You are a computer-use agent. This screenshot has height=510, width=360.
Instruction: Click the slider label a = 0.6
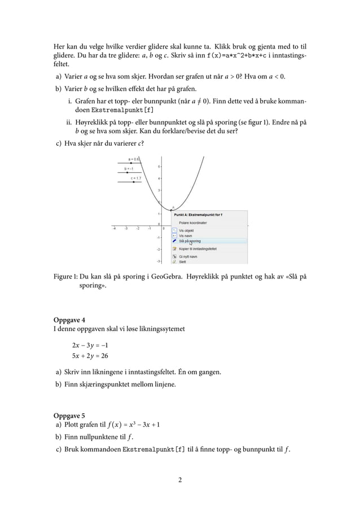[x=134, y=159]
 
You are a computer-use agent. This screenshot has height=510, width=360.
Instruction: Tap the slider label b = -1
[x=129, y=168]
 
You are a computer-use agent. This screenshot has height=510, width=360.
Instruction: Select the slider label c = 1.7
[x=136, y=178]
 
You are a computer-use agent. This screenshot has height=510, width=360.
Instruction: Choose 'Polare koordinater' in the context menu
[x=194, y=223]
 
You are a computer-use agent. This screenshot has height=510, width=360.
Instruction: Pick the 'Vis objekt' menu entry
[x=186, y=231]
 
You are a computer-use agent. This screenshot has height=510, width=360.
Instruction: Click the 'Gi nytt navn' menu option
[x=188, y=256]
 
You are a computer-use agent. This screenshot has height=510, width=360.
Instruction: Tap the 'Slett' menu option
[x=182, y=262]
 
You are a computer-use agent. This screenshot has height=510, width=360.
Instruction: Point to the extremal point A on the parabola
[x=171, y=210]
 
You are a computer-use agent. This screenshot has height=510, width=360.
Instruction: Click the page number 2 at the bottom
[x=179, y=481]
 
